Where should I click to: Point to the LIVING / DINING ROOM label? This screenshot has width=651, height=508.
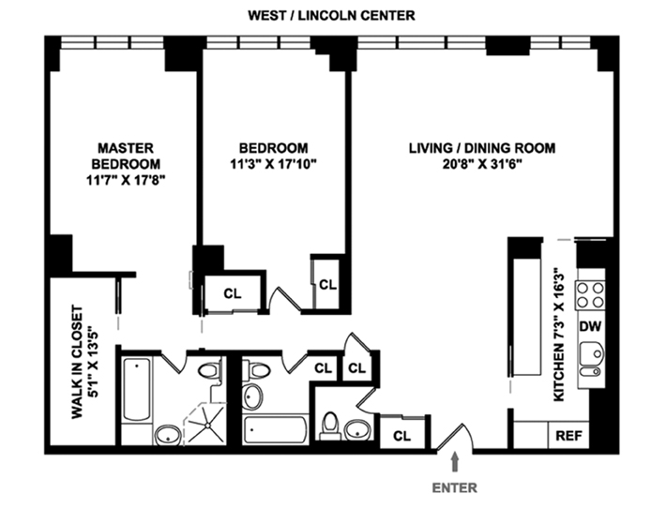pos(482,148)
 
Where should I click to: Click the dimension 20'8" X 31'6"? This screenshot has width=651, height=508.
pos(482,164)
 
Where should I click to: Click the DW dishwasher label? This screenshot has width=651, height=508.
pos(590,327)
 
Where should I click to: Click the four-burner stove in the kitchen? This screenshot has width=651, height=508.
pos(592,295)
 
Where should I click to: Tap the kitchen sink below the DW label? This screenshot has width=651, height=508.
pos(590,357)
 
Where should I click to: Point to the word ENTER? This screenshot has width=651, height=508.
pos(455,487)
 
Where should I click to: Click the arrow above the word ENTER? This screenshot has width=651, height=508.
pos(455,462)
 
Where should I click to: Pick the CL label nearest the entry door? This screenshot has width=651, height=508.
pos(401,435)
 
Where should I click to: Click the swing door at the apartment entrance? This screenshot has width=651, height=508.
pos(457,437)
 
